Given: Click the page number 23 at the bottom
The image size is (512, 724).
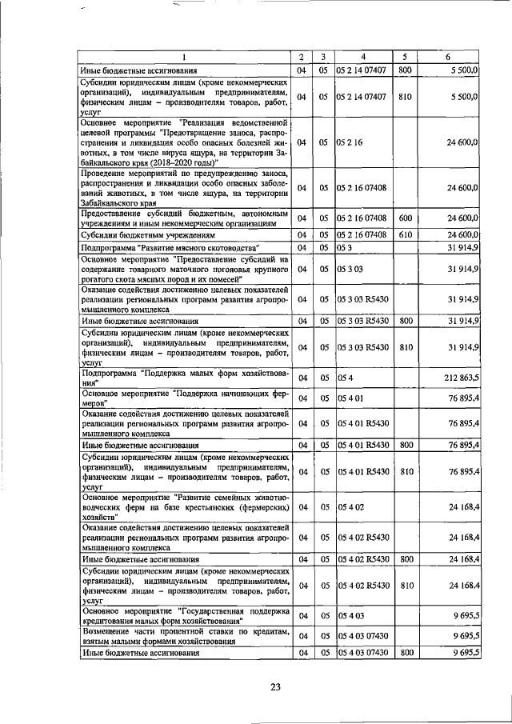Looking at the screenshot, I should (276, 687).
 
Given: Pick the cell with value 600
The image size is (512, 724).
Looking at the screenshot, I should (404, 218).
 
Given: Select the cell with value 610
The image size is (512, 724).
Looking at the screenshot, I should (404, 234).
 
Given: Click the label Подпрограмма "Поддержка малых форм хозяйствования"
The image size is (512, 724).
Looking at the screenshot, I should (183, 378).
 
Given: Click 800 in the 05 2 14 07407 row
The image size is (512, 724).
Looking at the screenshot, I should (404, 70).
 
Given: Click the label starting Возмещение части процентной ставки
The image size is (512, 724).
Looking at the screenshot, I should (183, 637).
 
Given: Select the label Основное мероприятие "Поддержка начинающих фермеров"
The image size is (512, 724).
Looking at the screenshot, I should (183, 398).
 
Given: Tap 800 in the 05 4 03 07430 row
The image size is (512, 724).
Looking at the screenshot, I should (404, 653).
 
